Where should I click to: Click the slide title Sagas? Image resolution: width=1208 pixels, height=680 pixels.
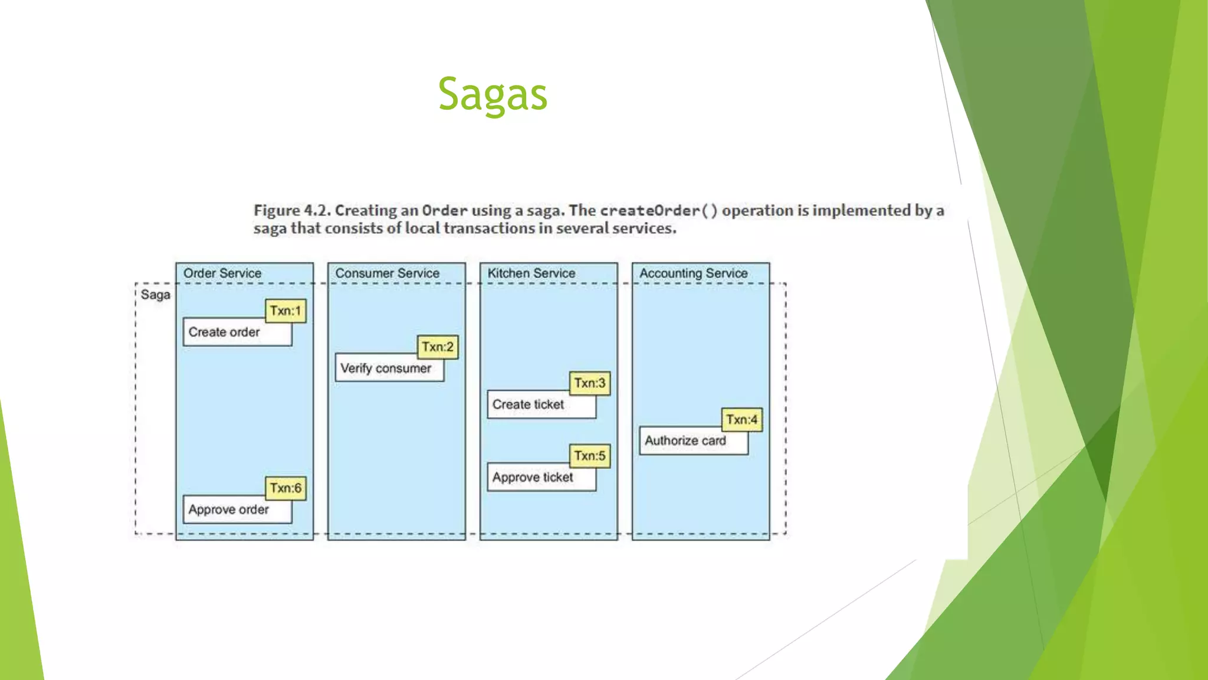493,94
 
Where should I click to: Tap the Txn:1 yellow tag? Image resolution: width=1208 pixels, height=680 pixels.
285,310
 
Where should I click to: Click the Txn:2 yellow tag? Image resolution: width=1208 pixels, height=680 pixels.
438,346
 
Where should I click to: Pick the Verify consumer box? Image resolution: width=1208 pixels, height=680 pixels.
386,368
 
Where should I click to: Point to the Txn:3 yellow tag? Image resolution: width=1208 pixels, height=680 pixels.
590,383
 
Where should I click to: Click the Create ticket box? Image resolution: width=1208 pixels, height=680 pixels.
528,405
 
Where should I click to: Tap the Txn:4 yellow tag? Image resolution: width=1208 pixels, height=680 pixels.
741,420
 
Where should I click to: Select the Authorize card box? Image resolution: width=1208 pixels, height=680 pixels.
685,441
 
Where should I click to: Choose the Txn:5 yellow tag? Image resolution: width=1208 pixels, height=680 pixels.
590,456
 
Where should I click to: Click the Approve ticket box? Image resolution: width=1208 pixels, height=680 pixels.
533,478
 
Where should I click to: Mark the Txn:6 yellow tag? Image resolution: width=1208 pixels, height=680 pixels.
285,488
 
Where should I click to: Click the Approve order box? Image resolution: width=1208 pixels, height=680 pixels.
229,509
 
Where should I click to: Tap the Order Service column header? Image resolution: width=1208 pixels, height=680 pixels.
222,273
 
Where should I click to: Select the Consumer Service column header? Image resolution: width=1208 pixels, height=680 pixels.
387,273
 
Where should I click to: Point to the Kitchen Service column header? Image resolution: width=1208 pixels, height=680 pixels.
531,273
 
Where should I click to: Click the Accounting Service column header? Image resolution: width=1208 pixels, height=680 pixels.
693,273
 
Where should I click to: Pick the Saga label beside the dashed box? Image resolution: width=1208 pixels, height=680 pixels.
155,295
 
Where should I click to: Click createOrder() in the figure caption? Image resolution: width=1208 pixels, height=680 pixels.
658,211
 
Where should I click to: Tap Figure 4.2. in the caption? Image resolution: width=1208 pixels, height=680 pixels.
292,211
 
